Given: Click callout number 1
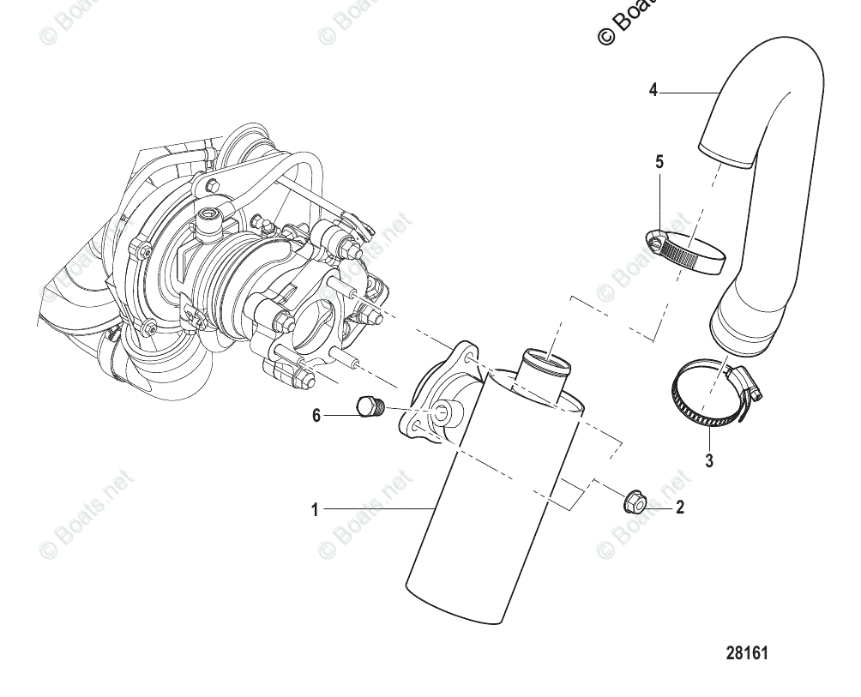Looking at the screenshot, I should pos(315,510).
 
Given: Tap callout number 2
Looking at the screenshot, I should pos(680,508).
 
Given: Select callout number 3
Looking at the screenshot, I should pos(709,460).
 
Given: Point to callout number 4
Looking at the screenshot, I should pos(653,90).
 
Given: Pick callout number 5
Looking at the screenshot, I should pos(659,162).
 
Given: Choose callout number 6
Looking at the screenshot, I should pos(316,416).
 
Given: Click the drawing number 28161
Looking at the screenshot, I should pos(747,653).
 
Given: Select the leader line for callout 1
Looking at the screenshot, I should pos(377,510).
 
